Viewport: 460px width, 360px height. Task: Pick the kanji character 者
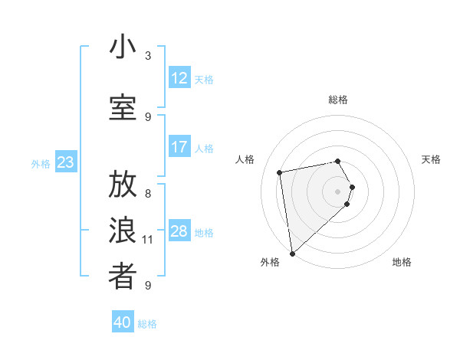(123, 277)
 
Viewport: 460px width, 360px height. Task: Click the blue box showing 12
(179, 78)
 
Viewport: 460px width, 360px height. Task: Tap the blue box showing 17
(179, 147)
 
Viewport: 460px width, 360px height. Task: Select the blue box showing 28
(179, 231)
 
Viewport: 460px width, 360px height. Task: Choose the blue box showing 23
(65, 162)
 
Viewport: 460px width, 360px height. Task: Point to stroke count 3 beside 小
(148, 56)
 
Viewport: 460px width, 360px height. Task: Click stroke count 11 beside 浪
(148, 240)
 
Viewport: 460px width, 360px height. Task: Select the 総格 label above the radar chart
(338, 100)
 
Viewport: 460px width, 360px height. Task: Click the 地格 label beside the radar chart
(402, 263)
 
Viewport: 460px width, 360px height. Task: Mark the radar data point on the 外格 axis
(292, 253)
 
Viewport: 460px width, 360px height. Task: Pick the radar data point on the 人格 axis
(280, 172)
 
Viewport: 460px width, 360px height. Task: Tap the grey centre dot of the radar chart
(338, 191)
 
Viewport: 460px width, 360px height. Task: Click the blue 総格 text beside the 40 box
(147, 324)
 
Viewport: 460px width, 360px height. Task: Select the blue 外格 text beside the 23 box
(41, 163)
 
